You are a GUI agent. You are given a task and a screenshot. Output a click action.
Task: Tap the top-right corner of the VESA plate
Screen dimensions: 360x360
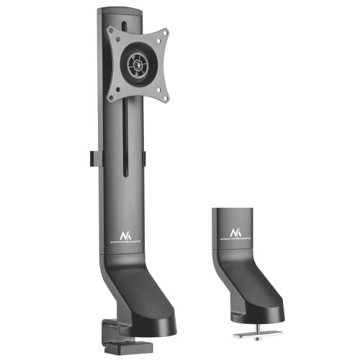coord(164,32)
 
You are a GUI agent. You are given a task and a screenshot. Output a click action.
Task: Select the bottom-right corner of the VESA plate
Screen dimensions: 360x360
coord(165,96)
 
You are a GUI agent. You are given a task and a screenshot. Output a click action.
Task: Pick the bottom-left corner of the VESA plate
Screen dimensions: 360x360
coord(111,95)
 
